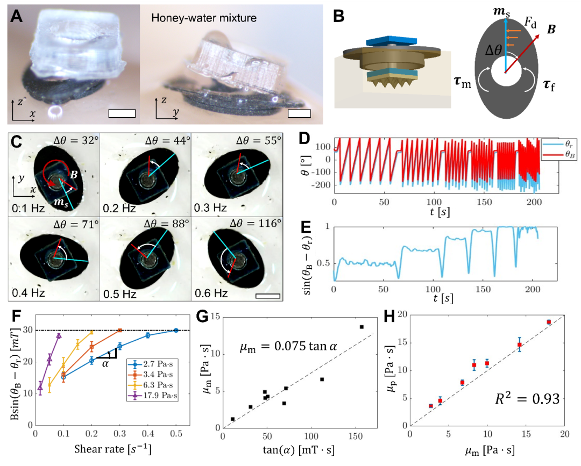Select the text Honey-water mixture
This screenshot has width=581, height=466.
tap(204, 18)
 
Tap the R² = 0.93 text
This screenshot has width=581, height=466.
tap(527, 399)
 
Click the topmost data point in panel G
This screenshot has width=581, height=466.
tap(362, 327)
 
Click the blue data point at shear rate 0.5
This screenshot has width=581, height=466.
tap(176, 331)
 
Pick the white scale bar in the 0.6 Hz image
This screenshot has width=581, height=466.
tap(267, 296)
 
